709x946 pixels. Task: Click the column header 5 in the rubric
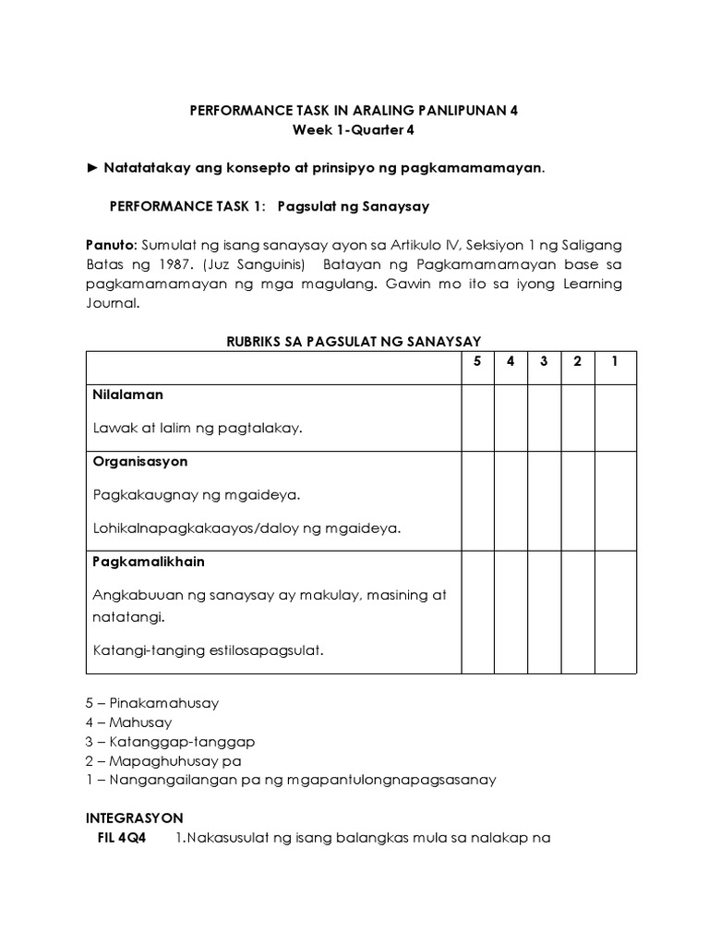tap(477, 361)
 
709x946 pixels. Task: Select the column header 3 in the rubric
tap(544, 361)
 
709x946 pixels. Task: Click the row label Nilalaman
tap(128, 394)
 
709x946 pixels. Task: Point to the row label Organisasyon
tap(140, 461)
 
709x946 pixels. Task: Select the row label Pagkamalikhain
tap(149, 562)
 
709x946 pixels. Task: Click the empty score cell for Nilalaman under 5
tap(477, 418)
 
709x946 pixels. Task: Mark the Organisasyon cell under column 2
tap(577, 501)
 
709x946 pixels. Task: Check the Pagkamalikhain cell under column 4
tap(511, 612)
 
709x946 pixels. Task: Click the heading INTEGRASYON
tap(134, 818)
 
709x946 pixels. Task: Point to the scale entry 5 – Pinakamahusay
tap(151, 703)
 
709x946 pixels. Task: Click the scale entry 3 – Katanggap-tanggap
tap(169, 742)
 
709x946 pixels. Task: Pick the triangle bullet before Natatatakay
tap(91, 168)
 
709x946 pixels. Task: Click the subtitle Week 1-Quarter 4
tap(354, 130)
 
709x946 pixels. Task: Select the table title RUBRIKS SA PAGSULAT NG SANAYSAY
tap(354, 341)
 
